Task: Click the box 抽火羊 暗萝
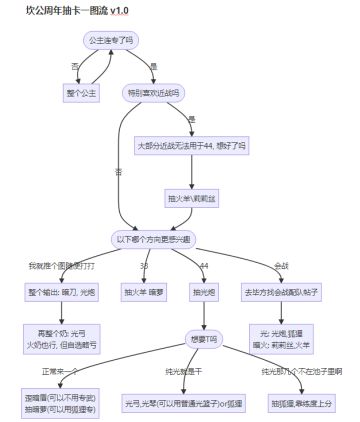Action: (x=144, y=292)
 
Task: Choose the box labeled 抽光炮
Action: (x=204, y=292)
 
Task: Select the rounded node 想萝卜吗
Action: (x=204, y=337)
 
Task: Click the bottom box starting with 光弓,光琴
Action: (x=186, y=402)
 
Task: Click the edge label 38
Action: (x=144, y=265)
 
